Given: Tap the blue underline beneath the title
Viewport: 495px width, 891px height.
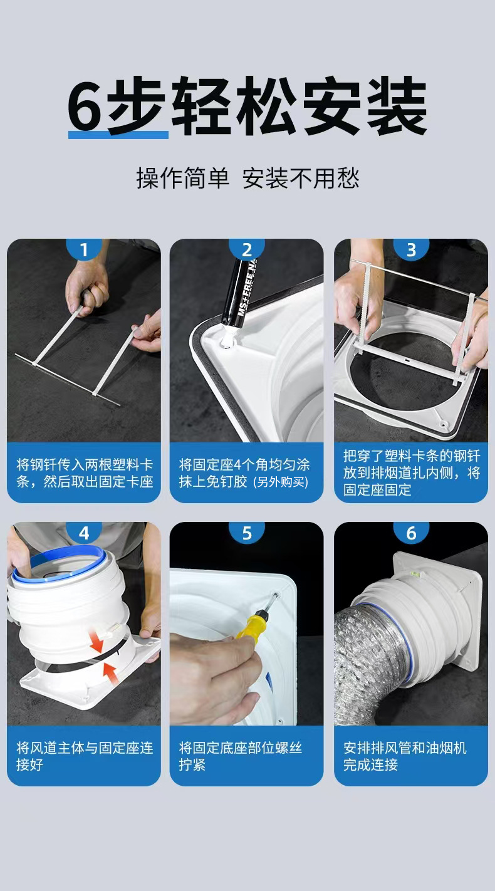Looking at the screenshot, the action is tap(118, 135).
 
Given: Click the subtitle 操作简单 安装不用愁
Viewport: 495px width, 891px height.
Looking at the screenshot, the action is tap(247, 178).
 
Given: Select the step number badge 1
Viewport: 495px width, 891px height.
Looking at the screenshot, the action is tap(84, 249).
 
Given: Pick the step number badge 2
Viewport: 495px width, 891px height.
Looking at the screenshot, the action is tap(247, 249).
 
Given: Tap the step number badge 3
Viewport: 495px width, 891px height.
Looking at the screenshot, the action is tap(411, 249).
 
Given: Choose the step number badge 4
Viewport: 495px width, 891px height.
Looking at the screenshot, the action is tap(84, 533).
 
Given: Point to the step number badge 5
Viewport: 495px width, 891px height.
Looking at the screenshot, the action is tap(247, 533).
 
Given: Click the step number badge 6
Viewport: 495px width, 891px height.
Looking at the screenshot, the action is tap(411, 533).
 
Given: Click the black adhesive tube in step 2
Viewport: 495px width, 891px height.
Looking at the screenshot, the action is tap(241, 294).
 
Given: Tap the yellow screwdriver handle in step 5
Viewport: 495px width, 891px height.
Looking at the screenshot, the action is tap(249, 625).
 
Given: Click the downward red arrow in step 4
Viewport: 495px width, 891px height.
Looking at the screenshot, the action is tap(96, 640).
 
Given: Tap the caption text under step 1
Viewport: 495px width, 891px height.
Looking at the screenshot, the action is tap(85, 473).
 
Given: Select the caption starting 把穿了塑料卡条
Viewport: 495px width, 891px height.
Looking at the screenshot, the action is tap(412, 472).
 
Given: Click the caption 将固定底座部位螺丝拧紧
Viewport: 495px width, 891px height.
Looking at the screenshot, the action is tap(241, 756).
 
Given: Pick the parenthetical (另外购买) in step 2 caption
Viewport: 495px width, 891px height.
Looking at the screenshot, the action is tap(281, 482).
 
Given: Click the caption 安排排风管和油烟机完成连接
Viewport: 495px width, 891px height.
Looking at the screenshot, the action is tap(405, 756).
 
